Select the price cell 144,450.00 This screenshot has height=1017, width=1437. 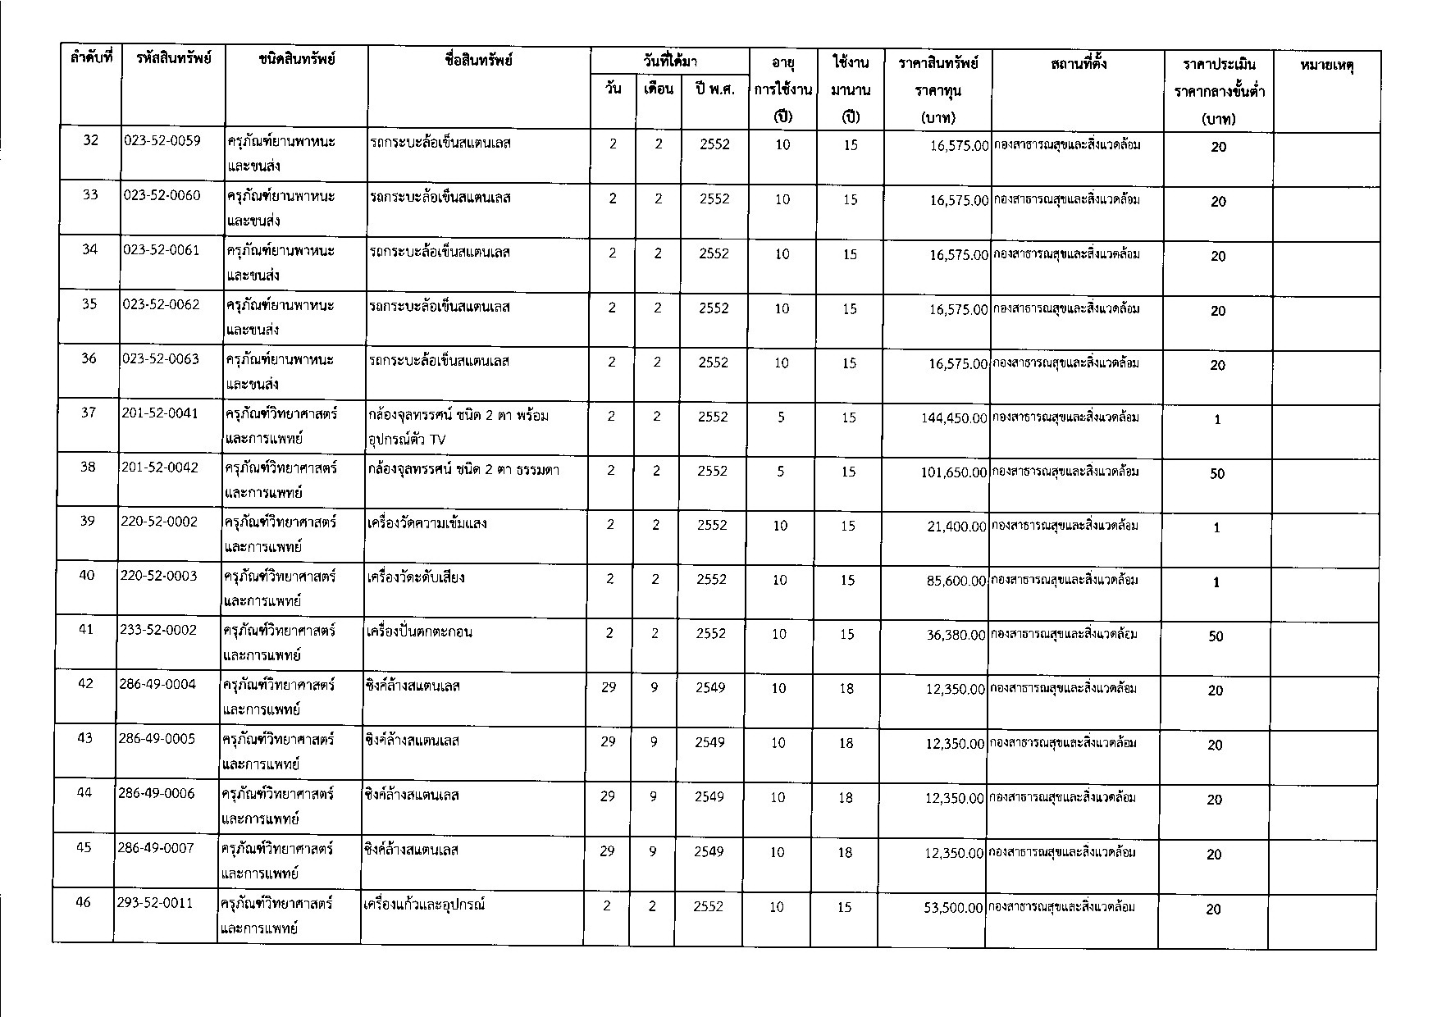click(x=954, y=418)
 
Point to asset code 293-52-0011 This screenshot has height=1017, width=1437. click(x=156, y=903)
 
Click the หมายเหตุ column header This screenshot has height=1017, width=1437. click(x=1326, y=65)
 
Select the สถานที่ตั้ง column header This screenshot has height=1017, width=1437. click(x=1078, y=63)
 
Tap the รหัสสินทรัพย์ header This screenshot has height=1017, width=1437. click(x=175, y=58)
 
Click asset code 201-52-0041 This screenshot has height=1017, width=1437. click(x=159, y=413)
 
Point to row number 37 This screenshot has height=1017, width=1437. click(x=88, y=413)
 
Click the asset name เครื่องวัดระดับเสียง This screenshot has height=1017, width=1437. click(x=417, y=577)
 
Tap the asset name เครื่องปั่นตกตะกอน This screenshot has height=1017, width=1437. click(x=421, y=632)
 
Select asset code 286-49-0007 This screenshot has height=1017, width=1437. click(x=156, y=848)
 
